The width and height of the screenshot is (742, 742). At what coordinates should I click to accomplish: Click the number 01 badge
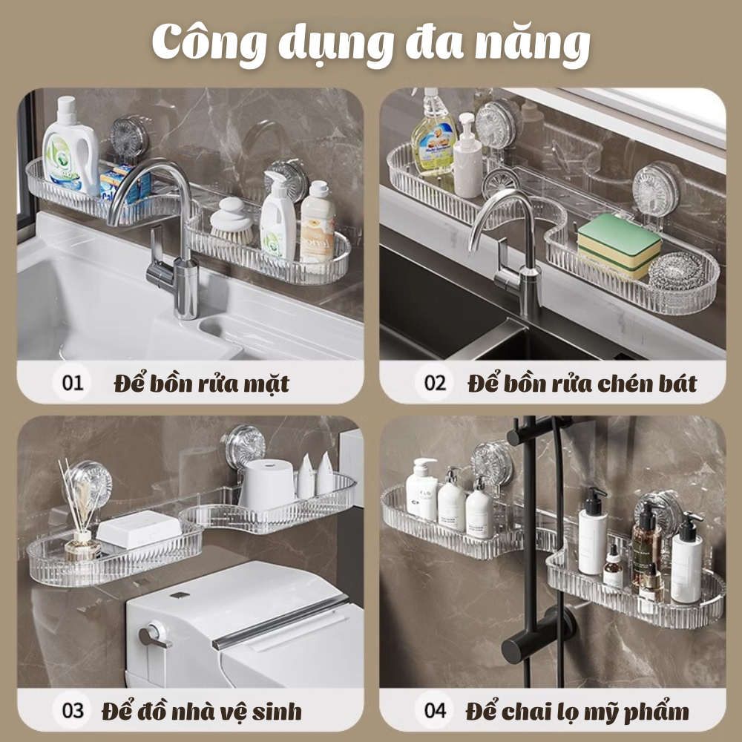point(73,382)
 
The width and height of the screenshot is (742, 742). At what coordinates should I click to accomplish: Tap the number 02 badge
point(435,382)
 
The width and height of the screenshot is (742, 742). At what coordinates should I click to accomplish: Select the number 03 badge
point(73,710)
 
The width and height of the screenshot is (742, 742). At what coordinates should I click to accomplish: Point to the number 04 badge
point(435,710)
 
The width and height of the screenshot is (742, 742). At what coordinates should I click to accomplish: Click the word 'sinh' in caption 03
point(277,712)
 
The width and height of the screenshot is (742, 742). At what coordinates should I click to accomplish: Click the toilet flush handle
point(154,637)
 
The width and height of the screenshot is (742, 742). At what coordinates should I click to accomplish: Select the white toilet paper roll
point(267,485)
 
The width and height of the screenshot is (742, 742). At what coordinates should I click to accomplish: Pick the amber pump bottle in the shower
point(647,544)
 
